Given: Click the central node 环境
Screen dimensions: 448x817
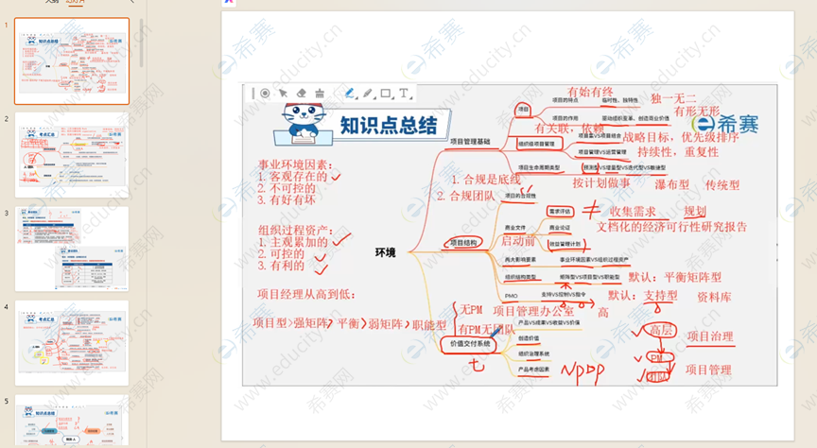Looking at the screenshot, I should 386,252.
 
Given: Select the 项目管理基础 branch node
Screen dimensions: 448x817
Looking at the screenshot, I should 470,141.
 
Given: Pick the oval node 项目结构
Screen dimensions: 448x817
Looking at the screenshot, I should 469,243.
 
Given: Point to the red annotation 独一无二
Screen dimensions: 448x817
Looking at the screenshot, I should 673,98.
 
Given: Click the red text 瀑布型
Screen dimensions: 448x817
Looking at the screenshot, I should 672,184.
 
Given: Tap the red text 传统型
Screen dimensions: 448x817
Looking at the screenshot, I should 722,184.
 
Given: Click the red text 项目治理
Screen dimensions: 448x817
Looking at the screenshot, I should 709,336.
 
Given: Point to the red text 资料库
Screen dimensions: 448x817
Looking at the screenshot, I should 714,296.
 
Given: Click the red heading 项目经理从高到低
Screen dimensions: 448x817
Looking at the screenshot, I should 304,292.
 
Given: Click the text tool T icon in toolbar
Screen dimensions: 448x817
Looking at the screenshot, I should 405,94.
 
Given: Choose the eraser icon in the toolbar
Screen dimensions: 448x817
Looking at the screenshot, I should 302,94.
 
